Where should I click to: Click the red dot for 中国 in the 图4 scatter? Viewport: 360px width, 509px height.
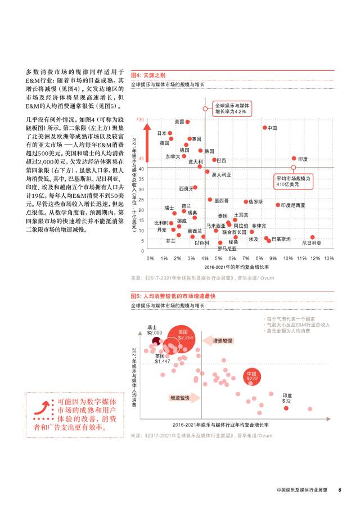pyautogui.click(x=264, y=128)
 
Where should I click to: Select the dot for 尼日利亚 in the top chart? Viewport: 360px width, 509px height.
pyautogui.click(x=312, y=237)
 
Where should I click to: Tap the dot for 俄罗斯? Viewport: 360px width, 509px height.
pyautogui.click(x=246, y=201)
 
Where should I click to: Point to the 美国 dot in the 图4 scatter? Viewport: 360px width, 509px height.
pyautogui.click(x=187, y=121)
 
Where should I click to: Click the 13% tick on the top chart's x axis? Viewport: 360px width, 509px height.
pyautogui.click(x=328, y=258)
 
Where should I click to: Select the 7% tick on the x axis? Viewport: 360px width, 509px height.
pyautogui.click(x=246, y=258)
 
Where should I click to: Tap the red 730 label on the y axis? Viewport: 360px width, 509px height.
pyautogui.click(x=140, y=120)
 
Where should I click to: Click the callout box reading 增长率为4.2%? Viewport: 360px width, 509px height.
pyautogui.click(x=231, y=108)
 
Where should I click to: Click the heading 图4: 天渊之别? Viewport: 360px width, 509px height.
pyautogui.click(x=148, y=75)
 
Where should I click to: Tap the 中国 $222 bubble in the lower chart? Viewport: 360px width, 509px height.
pyautogui.click(x=253, y=377)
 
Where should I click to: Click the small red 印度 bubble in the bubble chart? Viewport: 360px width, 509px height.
pyautogui.click(x=286, y=408)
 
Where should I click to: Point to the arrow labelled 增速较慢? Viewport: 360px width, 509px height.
pyautogui.click(x=220, y=341)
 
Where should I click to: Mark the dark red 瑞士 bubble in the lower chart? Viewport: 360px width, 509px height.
pyautogui.click(x=149, y=340)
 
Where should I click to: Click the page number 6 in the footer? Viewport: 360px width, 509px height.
pyautogui.click(x=340, y=489)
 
